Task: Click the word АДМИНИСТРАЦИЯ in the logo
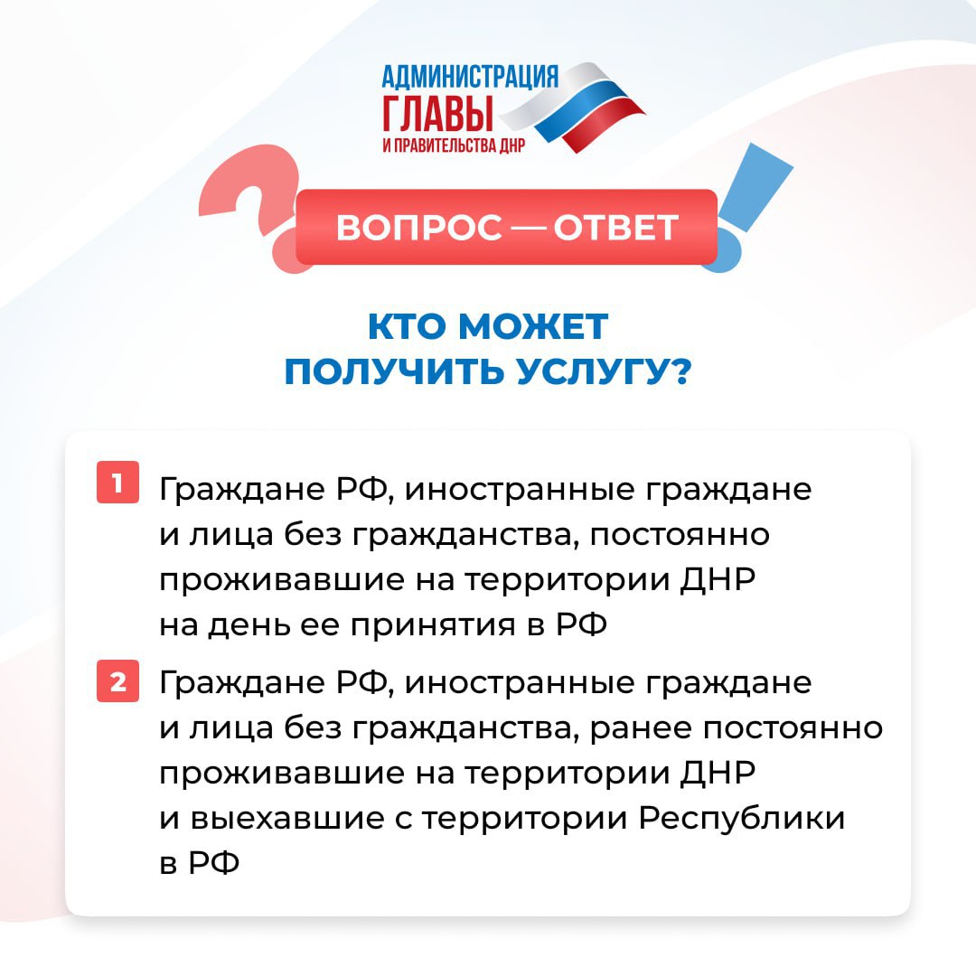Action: click(470, 77)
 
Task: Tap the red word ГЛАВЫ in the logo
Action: click(437, 113)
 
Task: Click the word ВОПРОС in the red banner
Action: click(419, 227)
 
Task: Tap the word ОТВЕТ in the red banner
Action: click(615, 227)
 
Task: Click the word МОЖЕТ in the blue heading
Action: click(533, 326)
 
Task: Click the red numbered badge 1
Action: click(117, 482)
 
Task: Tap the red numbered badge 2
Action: click(117, 681)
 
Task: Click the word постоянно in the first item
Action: click(679, 535)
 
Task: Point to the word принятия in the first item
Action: click(433, 626)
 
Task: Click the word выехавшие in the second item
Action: click(287, 819)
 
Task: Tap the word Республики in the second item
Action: click(742, 820)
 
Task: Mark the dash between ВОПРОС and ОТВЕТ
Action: click(528, 228)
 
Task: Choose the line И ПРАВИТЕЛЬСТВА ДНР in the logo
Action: click(454, 145)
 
